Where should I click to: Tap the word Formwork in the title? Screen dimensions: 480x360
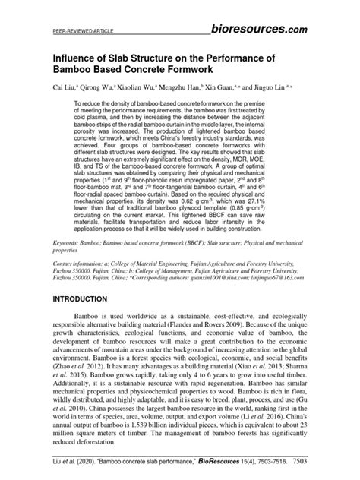[205, 71]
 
